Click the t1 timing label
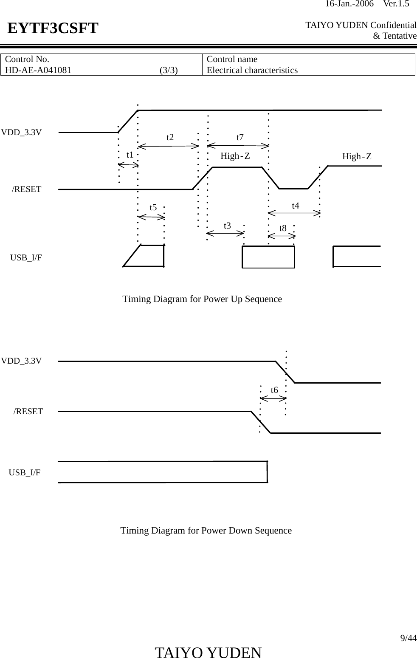point(130,155)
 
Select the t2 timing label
point(170,137)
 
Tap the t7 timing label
point(240,137)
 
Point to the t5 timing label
point(153,207)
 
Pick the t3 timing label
point(227,226)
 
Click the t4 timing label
point(296,206)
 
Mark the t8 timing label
point(283,228)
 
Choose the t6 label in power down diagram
point(274,390)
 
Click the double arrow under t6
point(273,398)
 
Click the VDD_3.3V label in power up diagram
point(21,132)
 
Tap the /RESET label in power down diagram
point(28,411)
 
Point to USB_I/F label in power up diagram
point(26,257)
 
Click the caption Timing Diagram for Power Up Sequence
point(202,299)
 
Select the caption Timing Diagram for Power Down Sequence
point(206,531)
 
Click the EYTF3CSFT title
point(53,28)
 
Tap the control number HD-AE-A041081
point(38,70)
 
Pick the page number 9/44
point(409,638)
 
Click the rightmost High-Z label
point(357,157)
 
